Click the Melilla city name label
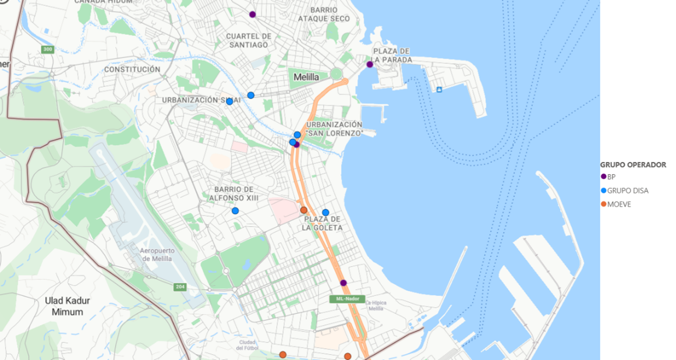pyautogui.click(x=306, y=77)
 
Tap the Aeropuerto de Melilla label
pyautogui.click(x=156, y=255)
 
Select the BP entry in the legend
pyautogui.click(x=611, y=177)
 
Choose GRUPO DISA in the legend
pyautogui.click(x=627, y=190)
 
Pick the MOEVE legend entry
pyautogui.click(x=619, y=204)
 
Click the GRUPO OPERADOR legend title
pyautogui.click(x=633, y=165)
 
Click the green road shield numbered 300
pyautogui.click(x=48, y=50)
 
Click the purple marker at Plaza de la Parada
pyautogui.click(x=370, y=65)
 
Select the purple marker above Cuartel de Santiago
pyautogui.click(x=252, y=15)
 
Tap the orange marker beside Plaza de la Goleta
pyautogui.click(x=303, y=210)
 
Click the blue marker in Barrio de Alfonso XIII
pyautogui.click(x=235, y=211)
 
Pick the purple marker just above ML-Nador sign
pyautogui.click(x=344, y=283)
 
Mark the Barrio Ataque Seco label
pyautogui.click(x=324, y=15)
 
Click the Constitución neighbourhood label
pyautogui.click(x=132, y=69)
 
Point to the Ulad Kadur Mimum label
pyautogui.click(x=68, y=306)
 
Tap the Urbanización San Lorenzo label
pyautogui.click(x=334, y=129)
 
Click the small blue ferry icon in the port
pyautogui.click(x=439, y=89)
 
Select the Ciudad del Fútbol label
pyautogui.click(x=247, y=345)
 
